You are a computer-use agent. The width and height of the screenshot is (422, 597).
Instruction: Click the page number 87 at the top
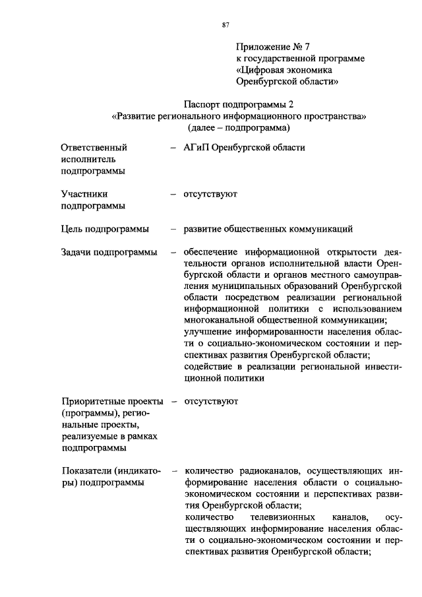(x=225, y=24)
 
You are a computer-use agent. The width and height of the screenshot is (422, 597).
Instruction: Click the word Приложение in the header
(x=261, y=47)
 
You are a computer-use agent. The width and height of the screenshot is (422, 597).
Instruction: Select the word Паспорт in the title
(x=202, y=104)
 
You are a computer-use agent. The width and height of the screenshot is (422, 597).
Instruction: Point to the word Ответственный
(x=94, y=148)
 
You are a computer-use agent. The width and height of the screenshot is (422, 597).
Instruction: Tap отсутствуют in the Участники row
(x=211, y=195)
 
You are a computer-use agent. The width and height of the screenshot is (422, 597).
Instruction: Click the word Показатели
(x=88, y=471)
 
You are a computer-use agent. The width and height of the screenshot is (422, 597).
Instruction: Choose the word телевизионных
(x=281, y=517)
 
